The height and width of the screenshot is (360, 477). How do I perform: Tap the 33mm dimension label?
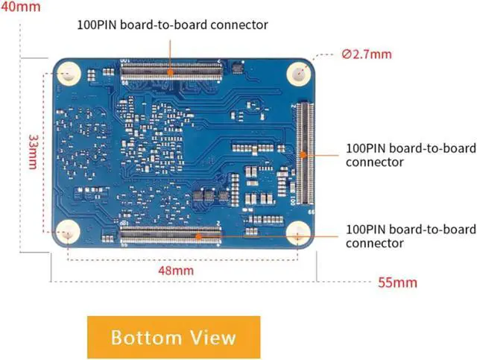(x=32, y=152)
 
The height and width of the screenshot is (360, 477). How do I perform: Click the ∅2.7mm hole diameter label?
(x=367, y=54)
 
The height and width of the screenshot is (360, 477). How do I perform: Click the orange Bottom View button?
(x=174, y=337)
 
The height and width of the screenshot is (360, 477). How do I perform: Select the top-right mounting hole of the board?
(x=299, y=73)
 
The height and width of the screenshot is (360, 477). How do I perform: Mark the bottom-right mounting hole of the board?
(x=299, y=234)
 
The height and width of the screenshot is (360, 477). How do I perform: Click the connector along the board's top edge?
(x=171, y=72)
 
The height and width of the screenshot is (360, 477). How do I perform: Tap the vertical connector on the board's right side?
(x=304, y=154)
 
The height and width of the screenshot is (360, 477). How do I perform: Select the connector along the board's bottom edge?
(x=171, y=237)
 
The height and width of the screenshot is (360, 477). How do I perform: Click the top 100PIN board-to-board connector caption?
(x=173, y=25)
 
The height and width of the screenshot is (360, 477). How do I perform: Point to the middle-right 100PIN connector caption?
(x=410, y=154)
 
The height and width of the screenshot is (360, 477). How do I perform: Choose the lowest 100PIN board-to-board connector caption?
(x=410, y=236)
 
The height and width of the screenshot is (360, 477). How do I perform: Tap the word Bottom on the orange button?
(x=143, y=337)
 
